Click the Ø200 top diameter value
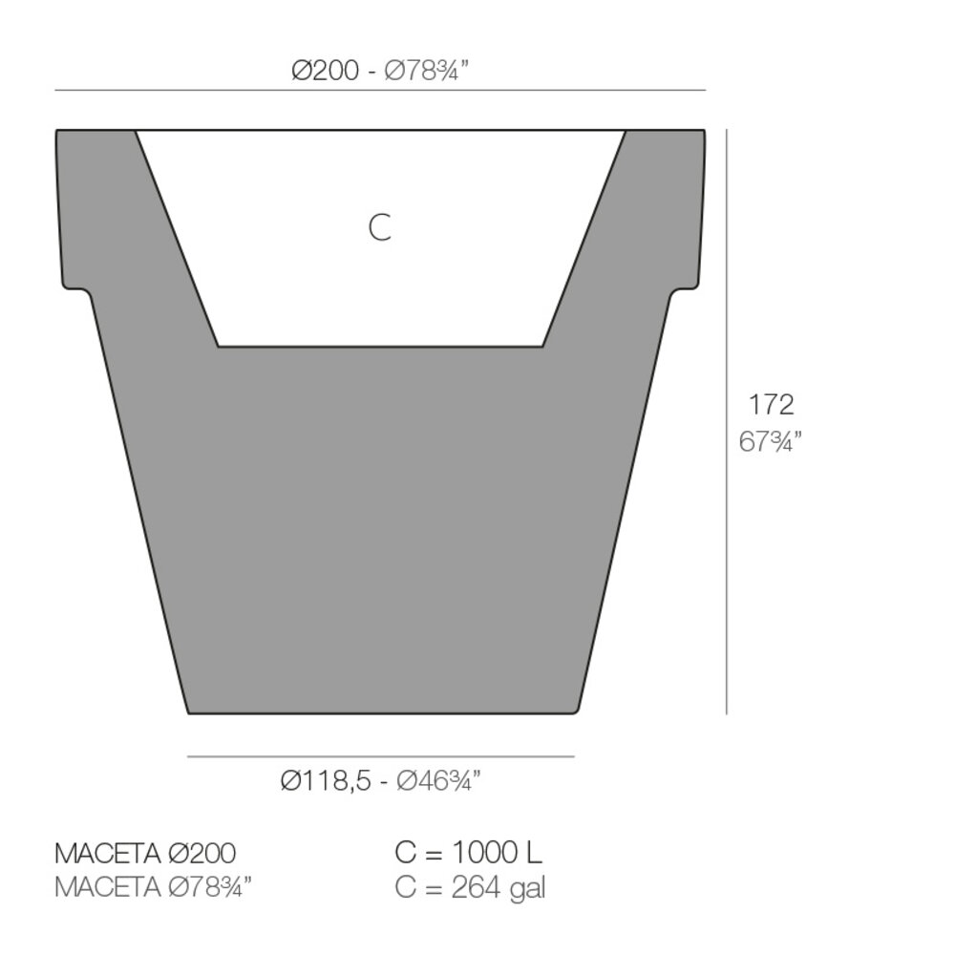click(x=325, y=72)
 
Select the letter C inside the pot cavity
click(x=380, y=228)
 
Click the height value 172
click(x=770, y=405)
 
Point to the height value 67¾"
click(x=770, y=441)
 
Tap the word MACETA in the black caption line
click(x=107, y=853)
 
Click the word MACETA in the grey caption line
click(x=107, y=887)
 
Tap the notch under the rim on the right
click(x=684, y=288)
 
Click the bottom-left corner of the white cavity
click(x=219, y=346)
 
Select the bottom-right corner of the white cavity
click(x=543, y=346)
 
